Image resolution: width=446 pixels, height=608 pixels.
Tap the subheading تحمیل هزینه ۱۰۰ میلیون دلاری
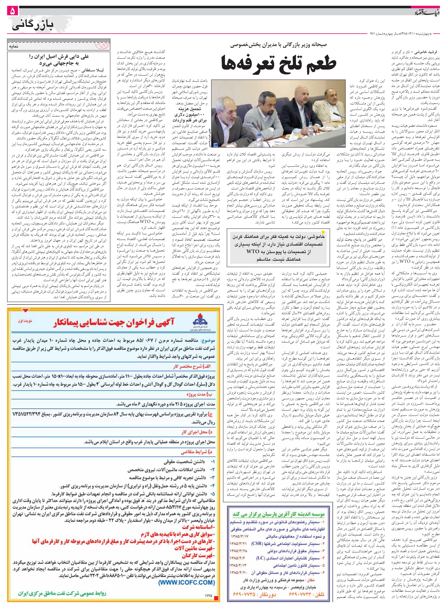189,115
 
